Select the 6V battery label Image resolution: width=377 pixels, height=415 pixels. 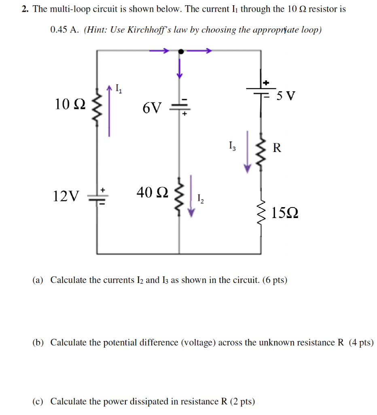point(152,108)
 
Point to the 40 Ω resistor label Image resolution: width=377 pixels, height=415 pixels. point(152,193)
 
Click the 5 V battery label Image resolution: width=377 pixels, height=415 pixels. point(286,96)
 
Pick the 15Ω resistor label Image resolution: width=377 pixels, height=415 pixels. point(285,212)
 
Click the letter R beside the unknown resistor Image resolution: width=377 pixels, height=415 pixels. point(277,148)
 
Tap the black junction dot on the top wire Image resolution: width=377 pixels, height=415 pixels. point(181,51)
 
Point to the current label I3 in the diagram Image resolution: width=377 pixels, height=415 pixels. point(231,145)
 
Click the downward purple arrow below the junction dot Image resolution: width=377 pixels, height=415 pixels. point(179,67)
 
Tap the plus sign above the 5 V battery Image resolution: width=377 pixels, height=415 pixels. point(266,83)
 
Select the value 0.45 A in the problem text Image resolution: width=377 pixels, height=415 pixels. point(64,30)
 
